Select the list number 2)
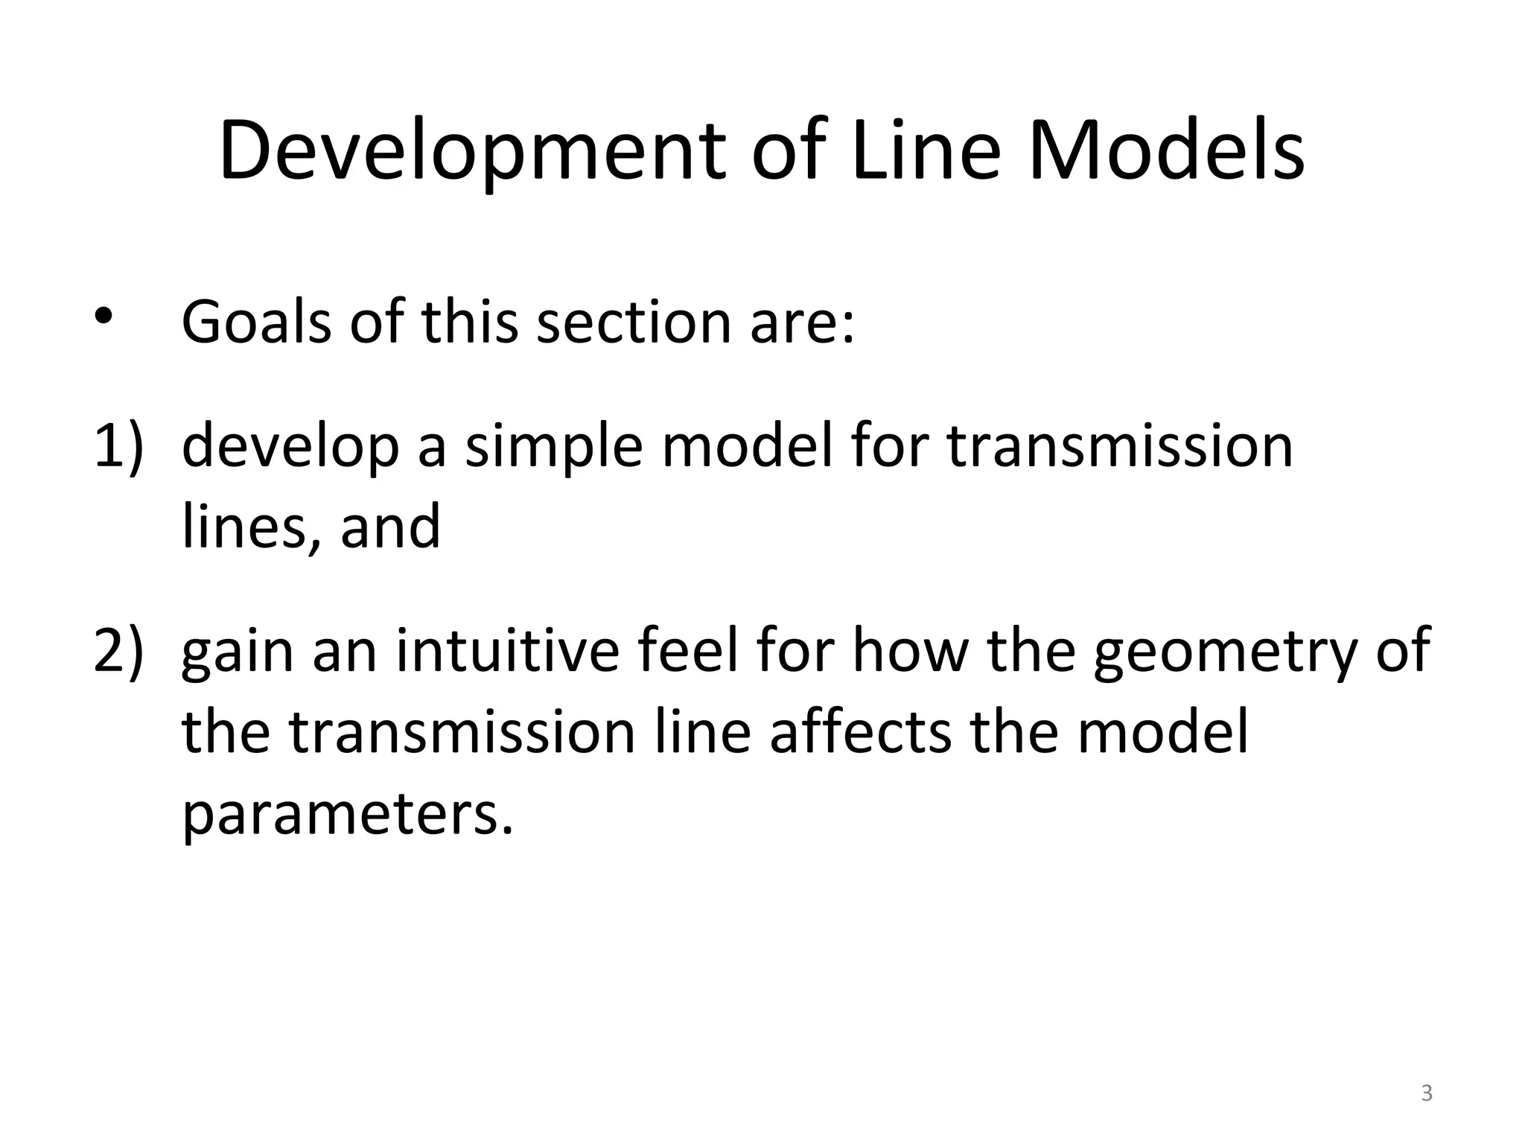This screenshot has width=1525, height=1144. click(118, 650)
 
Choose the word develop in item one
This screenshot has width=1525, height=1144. click(290, 448)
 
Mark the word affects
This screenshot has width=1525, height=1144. click(861, 732)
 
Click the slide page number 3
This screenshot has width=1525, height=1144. click(1427, 1093)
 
